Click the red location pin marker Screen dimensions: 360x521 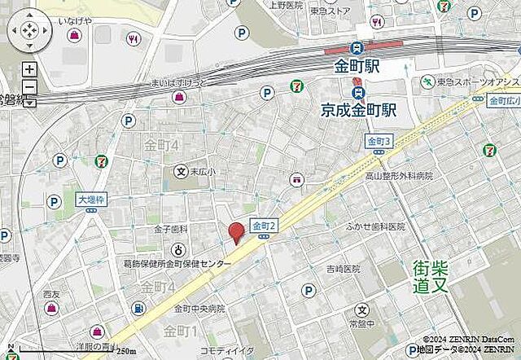click(x=236, y=232)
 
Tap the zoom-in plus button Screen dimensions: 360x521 click(x=28, y=69)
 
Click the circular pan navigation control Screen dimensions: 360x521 click(x=28, y=32)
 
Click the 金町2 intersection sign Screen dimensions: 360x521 click(x=265, y=225)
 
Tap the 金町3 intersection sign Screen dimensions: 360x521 click(x=379, y=141)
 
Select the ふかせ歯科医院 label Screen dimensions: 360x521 click(x=375, y=227)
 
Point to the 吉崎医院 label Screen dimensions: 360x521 click(x=343, y=269)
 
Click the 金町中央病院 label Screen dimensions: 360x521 click(x=198, y=309)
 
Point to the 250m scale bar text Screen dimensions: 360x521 click(x=124, y=351)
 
